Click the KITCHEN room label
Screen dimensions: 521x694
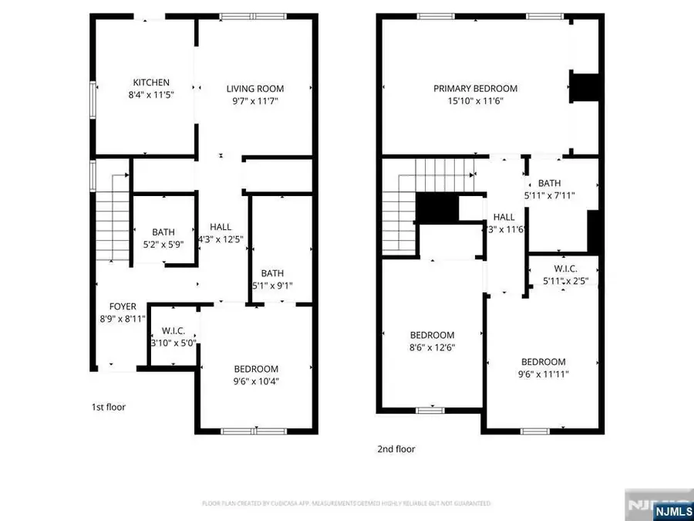point(151,83)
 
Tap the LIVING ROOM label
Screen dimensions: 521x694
point(255,88)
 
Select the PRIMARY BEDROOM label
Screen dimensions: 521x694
point(475,88)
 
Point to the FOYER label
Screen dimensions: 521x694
point(123,306)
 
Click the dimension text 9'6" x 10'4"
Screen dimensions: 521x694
point(257,381)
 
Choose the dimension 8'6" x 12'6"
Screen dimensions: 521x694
point(432,347)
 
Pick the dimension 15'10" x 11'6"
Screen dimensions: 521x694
point(475,100)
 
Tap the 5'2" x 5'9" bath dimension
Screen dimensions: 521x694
point(163,244)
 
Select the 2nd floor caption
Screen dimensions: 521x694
point(396,448)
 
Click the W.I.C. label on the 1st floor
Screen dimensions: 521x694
point(173,330)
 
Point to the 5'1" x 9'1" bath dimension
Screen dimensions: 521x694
point(272,286)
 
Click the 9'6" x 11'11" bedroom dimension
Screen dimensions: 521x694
point(543,374)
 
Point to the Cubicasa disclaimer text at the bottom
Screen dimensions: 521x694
point(346,503)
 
